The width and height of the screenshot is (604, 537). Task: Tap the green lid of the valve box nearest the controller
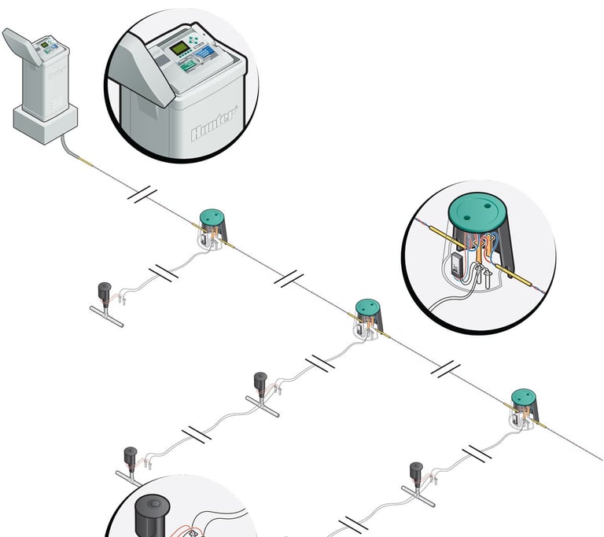(x=210, y=216)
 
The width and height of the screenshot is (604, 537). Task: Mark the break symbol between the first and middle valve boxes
(x=289, y=277)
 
